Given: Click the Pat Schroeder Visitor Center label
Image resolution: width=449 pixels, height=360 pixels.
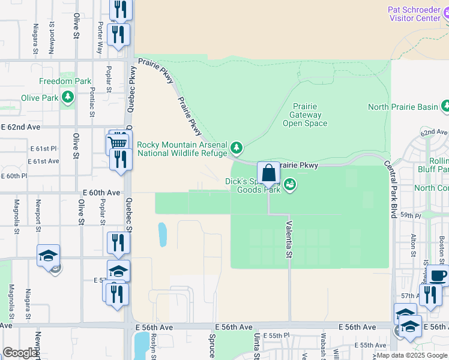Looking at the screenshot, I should click(x=415, y=14).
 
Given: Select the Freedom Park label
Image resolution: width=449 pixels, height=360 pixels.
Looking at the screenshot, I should click(x=65, y=81).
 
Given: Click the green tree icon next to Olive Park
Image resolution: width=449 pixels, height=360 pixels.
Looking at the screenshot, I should click(x=68, y=96).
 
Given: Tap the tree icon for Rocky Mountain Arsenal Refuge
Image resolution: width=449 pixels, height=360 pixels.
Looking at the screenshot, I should click(x=237, y=148).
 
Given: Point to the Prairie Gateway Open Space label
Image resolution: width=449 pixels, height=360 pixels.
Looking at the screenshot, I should click(x=305, y=115).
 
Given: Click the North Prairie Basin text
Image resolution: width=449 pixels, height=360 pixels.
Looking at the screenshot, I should click(x=403, y=107).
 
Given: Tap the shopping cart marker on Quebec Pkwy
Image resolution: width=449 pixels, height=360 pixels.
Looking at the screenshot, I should click(x=117, y=143).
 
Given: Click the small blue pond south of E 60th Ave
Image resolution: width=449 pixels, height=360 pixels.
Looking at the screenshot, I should click(x=162, y=235).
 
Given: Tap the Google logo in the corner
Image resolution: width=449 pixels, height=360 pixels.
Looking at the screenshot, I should click(x=20, y=352).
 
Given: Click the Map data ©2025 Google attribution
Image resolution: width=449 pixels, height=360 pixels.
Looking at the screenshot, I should click(x=412, y=355).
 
